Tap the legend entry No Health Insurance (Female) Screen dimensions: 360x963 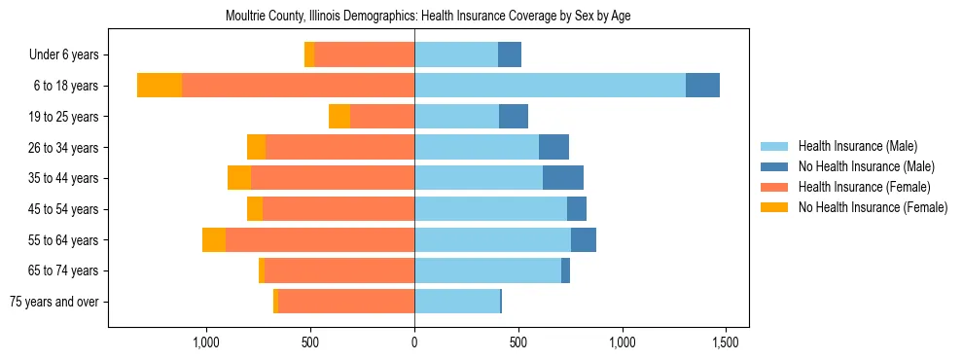click(x=872, y=207)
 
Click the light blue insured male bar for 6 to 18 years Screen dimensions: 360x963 click(x=550, y=86)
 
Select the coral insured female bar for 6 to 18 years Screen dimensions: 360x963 click(x=298, y=86)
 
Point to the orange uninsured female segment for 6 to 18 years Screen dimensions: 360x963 click(x=160, y=86)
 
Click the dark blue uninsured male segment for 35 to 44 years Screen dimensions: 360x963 click(x=563, y=178)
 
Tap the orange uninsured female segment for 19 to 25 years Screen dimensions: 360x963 click(x=339, y=117)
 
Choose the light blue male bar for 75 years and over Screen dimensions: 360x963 click(x=457, y=302)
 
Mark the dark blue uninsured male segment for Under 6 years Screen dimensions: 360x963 click(x=510, y=54)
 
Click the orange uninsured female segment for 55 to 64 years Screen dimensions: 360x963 click(x=214, y=240)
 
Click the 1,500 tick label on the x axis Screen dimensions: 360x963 click(x=727, y=342)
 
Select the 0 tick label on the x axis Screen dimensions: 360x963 click(x=414, y=342)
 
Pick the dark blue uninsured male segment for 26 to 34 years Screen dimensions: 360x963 click(x=553, y=147)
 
